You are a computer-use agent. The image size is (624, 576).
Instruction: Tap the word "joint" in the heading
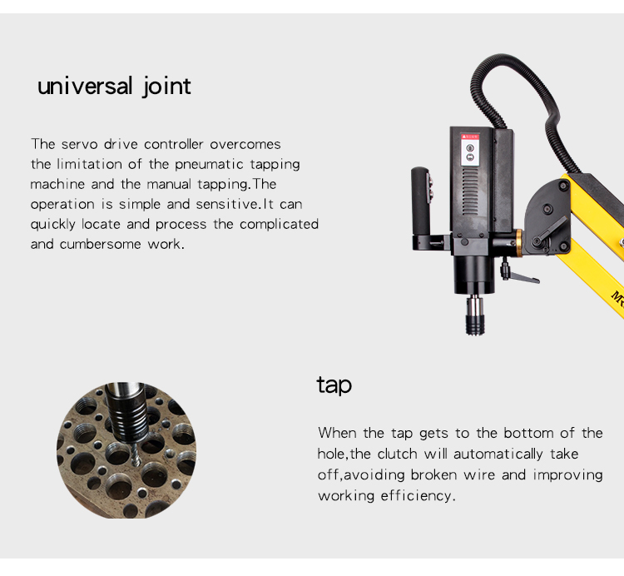pos(166,87)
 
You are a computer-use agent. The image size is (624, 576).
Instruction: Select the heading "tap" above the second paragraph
pos(334,385)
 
